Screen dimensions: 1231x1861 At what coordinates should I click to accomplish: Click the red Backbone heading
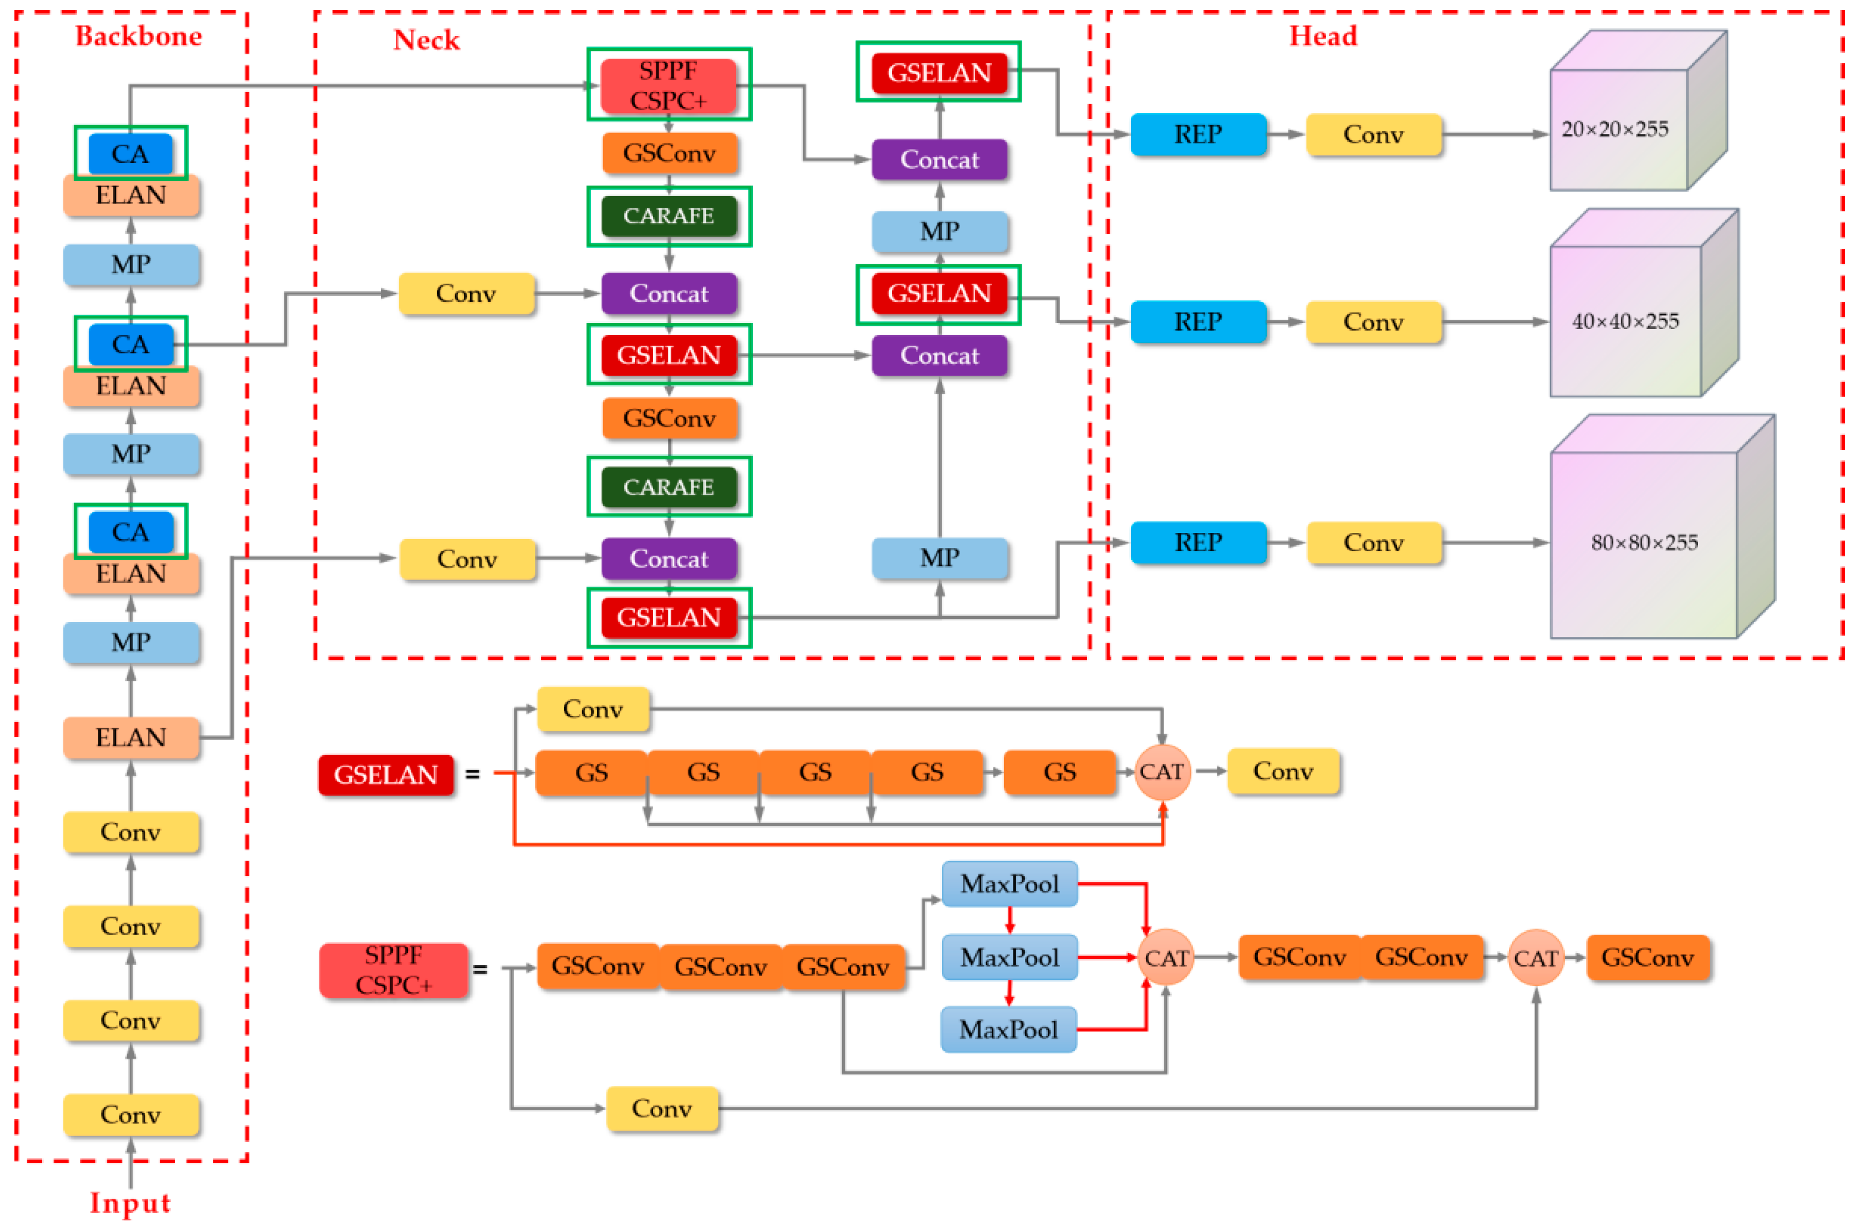[x=138, y=36]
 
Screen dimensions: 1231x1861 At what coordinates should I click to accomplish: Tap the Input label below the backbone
[x=130, y=1202]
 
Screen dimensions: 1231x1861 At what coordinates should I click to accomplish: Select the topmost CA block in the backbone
[x=130, y=153]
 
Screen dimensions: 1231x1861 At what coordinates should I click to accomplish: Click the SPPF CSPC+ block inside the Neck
[x=669, y=85]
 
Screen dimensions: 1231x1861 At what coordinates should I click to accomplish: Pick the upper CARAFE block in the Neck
[x=669, y=216]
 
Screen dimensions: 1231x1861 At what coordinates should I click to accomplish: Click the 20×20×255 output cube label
[x=1614, y=129]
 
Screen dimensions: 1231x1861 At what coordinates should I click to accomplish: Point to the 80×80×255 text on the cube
[x=1643, y=542]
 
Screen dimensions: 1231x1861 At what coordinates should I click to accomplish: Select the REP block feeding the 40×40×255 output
[x=1197, y=322]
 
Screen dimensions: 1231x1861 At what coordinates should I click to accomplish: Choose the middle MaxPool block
[x=1009, y=957]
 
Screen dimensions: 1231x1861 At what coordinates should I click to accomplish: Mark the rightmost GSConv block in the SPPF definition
[x=1648, y=958]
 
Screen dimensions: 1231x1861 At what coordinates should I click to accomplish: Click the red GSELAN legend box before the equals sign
[x=386, y=775]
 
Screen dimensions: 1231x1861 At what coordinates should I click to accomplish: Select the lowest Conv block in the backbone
[x=130, y=1115]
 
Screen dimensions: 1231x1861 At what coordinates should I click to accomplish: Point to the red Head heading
[x=1323, y=36]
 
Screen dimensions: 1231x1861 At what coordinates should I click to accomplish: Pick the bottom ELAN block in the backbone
[x=130, y=737]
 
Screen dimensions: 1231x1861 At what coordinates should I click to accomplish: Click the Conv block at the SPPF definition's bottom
[x=661, y=1109]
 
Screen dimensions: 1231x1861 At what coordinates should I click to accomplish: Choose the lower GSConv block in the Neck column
[x=669, y=418]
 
